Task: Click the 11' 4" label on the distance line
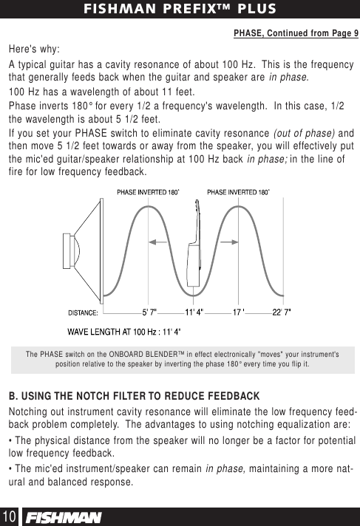click(x=194, y=312)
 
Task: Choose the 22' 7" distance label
click(x=281, y=312)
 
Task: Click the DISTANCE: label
click(x=88, y=312)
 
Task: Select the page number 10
click(x=10, y=515)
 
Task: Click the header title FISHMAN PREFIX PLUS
click(x=180, y=10)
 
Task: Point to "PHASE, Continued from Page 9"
click(x=296, y=33)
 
